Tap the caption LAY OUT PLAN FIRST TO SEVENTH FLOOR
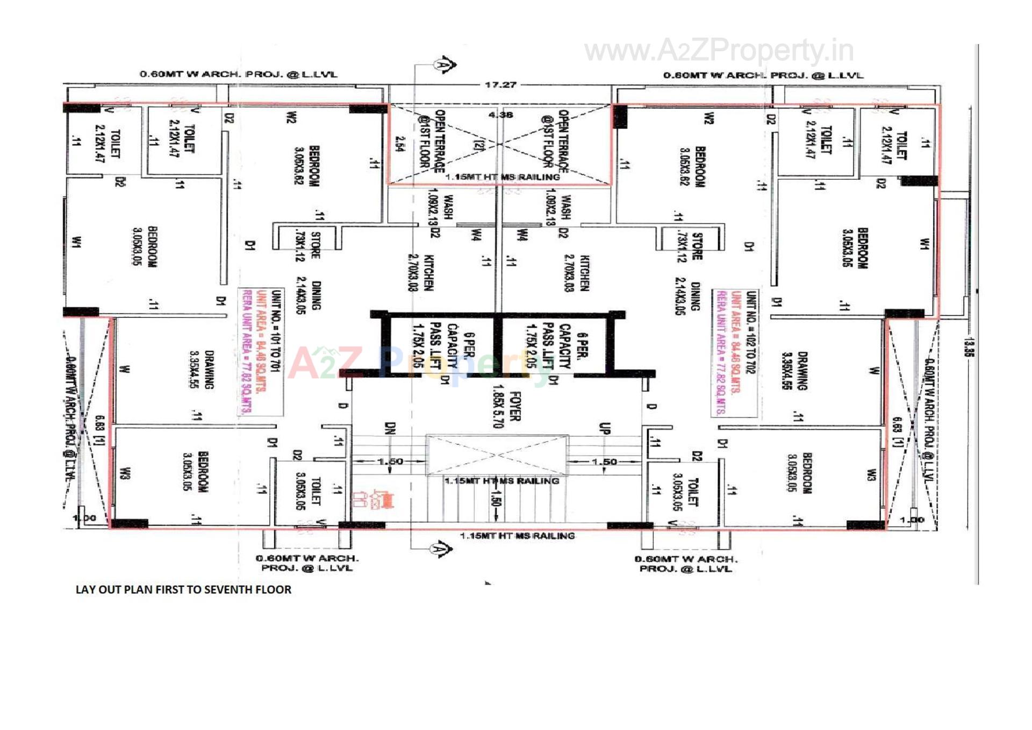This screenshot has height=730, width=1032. [x=183, y=590]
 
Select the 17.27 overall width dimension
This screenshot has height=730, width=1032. [x=500, y=84]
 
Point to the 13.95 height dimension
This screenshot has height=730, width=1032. [x=969, y=347]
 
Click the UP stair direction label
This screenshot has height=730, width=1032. [x=604, y=429]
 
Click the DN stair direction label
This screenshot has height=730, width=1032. [x=390, y=429]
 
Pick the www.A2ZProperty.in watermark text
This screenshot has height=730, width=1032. [x=719, y=51]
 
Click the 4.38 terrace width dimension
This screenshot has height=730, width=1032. [x=500, y=115]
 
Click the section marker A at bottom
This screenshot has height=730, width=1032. [x=441, y=549]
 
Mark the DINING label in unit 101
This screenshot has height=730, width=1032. [x=317, y=295]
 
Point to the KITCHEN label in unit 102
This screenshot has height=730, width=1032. [x=584, y=273]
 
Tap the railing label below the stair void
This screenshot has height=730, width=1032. [x=501, y=481]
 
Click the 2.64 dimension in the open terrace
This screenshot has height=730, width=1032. [x=399, y=144]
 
